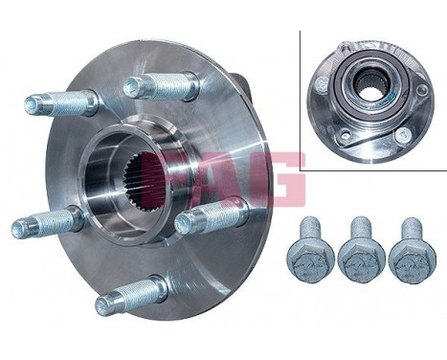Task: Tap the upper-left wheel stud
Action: click(x=59, y=101)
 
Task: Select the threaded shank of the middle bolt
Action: click(x=362, y=230)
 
